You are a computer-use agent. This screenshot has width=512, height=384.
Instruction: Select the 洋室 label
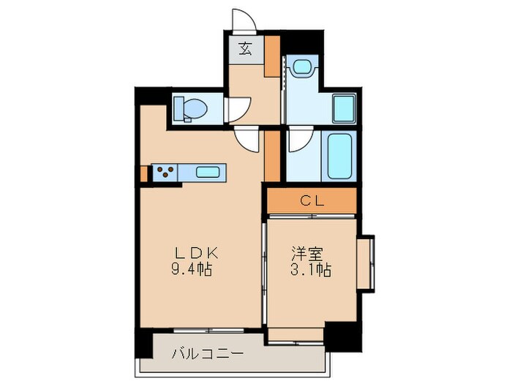coord(306,253)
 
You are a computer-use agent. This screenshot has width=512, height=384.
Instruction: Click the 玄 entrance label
coord(246,51)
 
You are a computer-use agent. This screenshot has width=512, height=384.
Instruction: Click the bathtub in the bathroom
coord(340,157)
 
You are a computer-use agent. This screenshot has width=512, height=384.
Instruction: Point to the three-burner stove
coord(165,173)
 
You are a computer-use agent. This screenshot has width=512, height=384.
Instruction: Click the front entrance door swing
coord(243,20)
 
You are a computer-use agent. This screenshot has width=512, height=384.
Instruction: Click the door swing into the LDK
coord(247,138)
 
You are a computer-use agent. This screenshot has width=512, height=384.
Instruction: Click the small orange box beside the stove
coord(145,173)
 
